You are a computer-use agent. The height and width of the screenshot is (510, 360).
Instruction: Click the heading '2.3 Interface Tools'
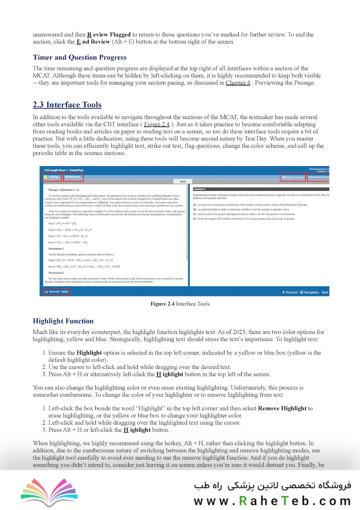67,105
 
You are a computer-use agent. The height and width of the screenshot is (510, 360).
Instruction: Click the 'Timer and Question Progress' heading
79,58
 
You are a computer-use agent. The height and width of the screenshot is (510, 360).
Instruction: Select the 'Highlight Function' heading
63,321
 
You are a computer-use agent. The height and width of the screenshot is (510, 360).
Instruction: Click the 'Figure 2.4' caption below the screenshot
180,304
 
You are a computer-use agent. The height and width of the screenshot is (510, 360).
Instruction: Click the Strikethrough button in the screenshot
73,177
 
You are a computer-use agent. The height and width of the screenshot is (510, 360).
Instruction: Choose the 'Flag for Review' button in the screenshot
293,177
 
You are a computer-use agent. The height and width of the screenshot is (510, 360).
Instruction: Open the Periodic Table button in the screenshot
57,292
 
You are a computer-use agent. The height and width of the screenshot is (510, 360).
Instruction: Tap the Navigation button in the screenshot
310,292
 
